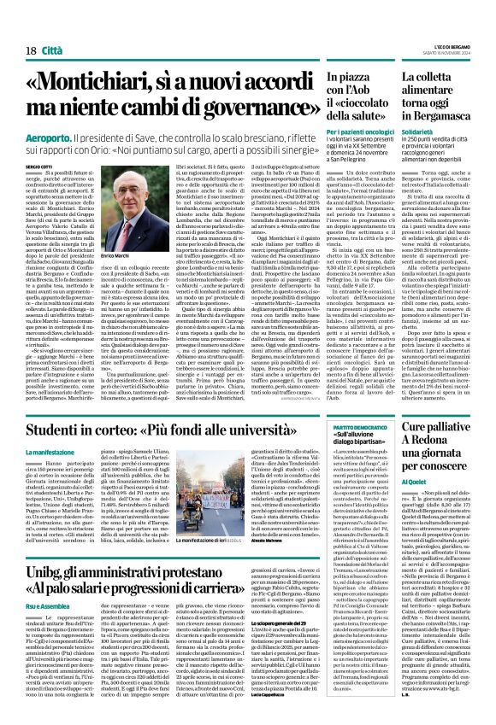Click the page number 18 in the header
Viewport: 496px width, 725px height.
30,27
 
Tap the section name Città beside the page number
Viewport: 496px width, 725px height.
53,27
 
